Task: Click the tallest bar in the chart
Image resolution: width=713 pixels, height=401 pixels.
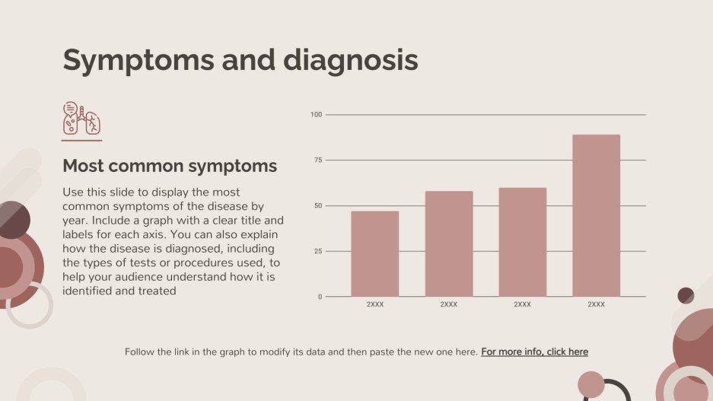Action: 596,215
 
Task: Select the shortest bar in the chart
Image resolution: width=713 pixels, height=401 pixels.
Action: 374,253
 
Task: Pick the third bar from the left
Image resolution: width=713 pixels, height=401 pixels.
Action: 522,242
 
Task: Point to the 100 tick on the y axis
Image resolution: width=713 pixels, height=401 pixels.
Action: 317,115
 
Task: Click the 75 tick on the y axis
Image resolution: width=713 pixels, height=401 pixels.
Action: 318,161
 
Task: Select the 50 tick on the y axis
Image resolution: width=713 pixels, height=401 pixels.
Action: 318,205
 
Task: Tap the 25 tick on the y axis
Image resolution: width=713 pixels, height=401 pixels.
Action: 318,251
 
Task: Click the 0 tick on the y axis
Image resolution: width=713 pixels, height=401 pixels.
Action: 320,297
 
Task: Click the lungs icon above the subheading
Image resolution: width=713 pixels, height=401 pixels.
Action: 81,119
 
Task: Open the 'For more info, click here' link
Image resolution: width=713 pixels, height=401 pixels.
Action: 534,352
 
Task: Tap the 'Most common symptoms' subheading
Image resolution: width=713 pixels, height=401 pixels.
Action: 169,166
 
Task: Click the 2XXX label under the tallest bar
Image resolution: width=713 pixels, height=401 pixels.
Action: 596,304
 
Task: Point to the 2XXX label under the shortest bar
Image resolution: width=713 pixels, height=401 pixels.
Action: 374,304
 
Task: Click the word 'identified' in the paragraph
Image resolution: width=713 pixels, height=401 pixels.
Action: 87,291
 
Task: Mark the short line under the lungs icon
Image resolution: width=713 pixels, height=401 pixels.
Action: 81,140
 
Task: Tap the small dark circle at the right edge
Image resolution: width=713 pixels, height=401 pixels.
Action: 686,295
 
